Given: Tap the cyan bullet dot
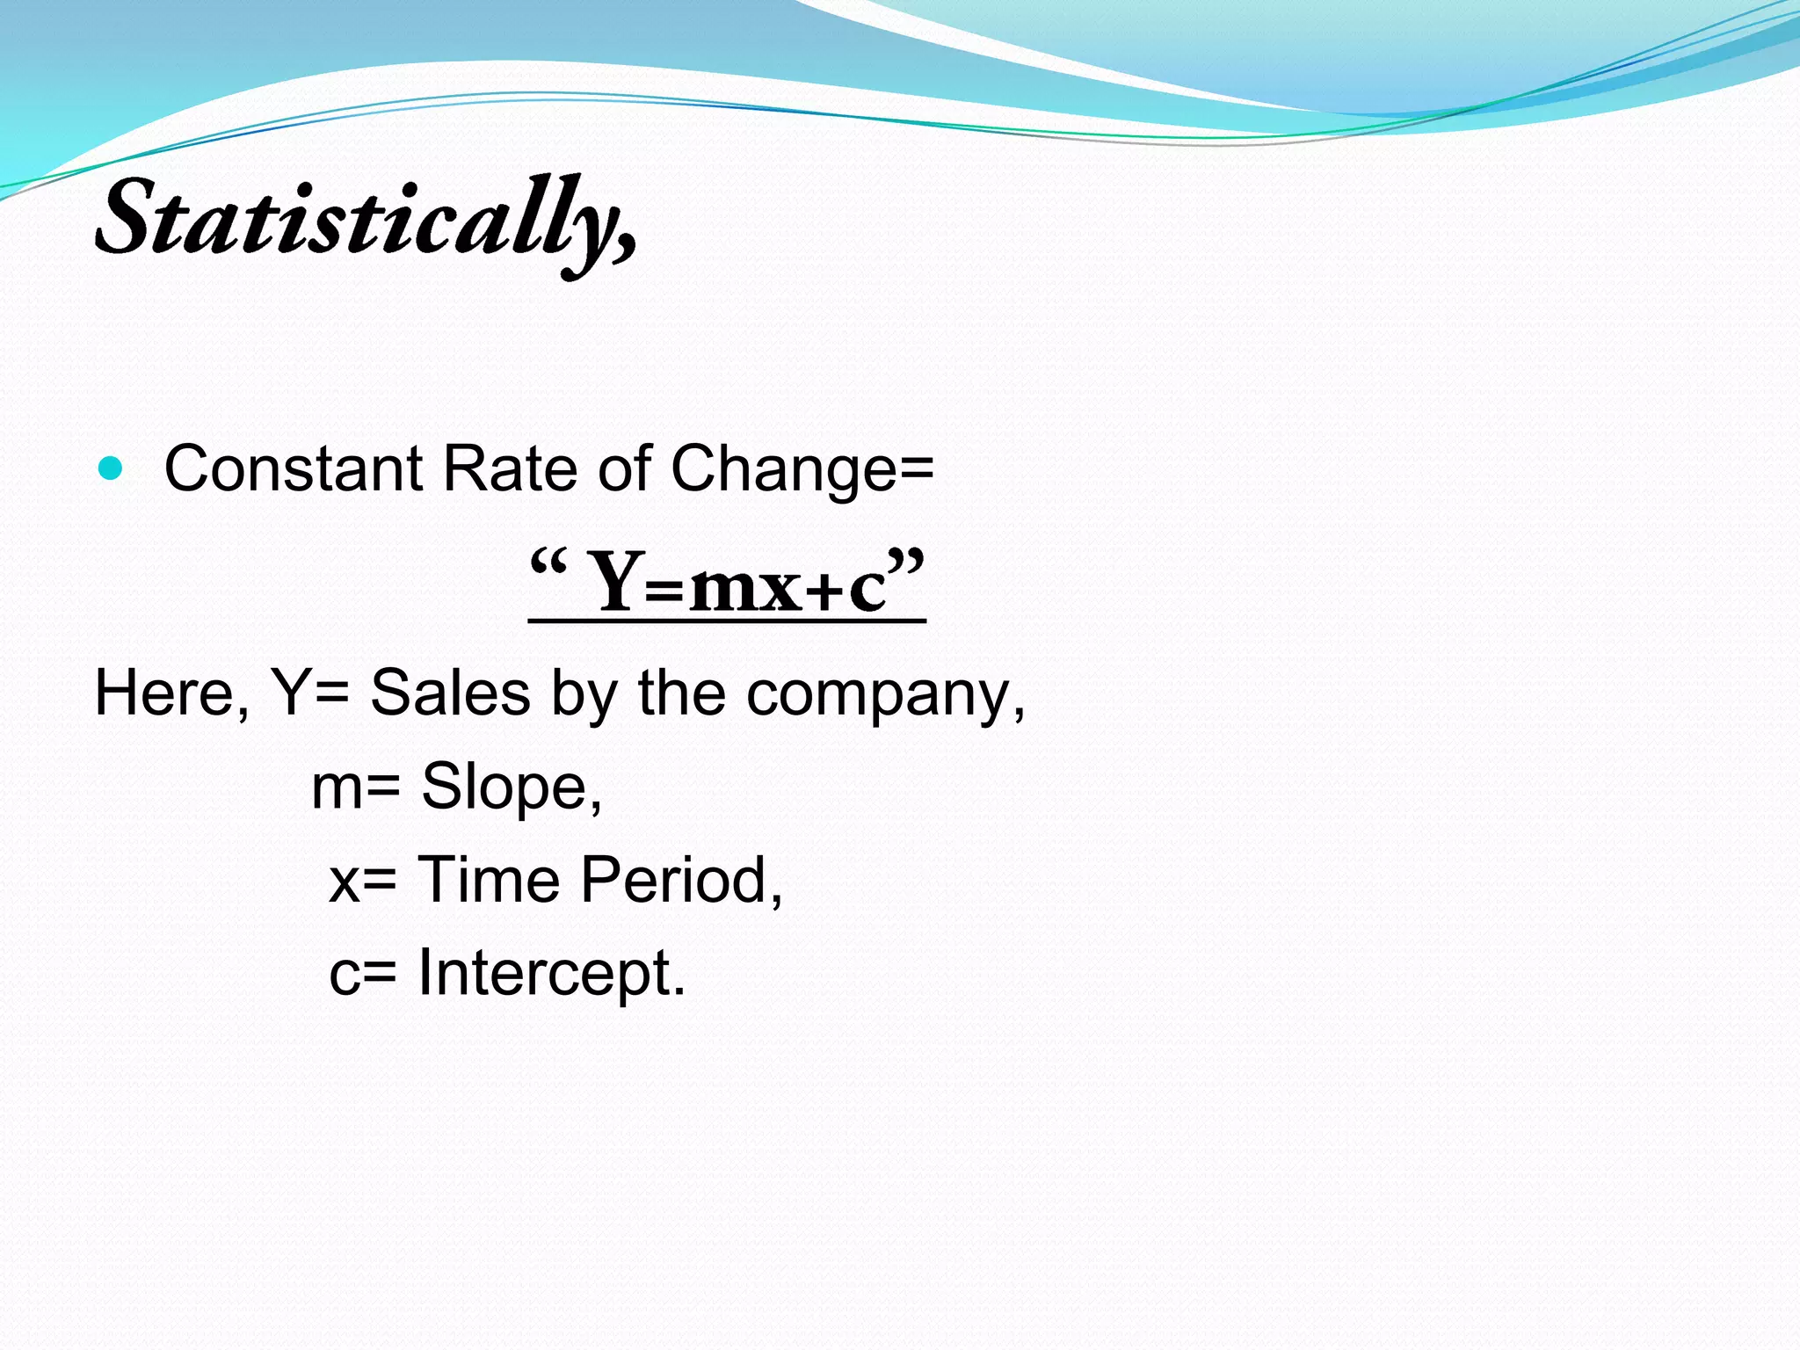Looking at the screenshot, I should [112, 468].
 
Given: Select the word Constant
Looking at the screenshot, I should [294, 468].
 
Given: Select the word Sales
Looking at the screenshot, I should [450, 693].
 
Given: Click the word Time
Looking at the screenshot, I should [488, 880].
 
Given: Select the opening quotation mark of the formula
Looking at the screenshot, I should [548, 562].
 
